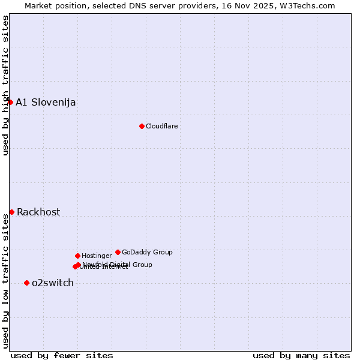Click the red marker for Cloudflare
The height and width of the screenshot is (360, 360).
pos(142,126)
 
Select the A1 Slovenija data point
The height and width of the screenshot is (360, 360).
pos(10,102)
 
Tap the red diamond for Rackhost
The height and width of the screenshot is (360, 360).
pos(11,212)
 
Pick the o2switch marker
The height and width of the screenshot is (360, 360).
pos(26,283)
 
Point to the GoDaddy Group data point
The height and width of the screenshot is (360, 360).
pos(118,252)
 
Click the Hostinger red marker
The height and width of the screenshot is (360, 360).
pos(77,256)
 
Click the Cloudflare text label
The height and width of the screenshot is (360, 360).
pos(161,126)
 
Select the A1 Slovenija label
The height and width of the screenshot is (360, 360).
pos(46,102)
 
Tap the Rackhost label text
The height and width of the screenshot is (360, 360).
pos(38,212)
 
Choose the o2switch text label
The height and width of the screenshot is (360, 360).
pos(53,283)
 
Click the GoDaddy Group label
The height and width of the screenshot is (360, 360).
pos(147,252)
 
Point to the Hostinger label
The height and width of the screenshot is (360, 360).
pos(97,256)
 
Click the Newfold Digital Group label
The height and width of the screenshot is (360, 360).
pos(118,264)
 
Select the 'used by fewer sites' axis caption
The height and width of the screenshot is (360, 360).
pos(62,355)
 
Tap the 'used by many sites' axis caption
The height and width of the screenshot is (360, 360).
pos(301,355)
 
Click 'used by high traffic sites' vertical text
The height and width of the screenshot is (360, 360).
pos(5,85)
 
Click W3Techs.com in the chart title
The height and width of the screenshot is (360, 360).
pos(310,5)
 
